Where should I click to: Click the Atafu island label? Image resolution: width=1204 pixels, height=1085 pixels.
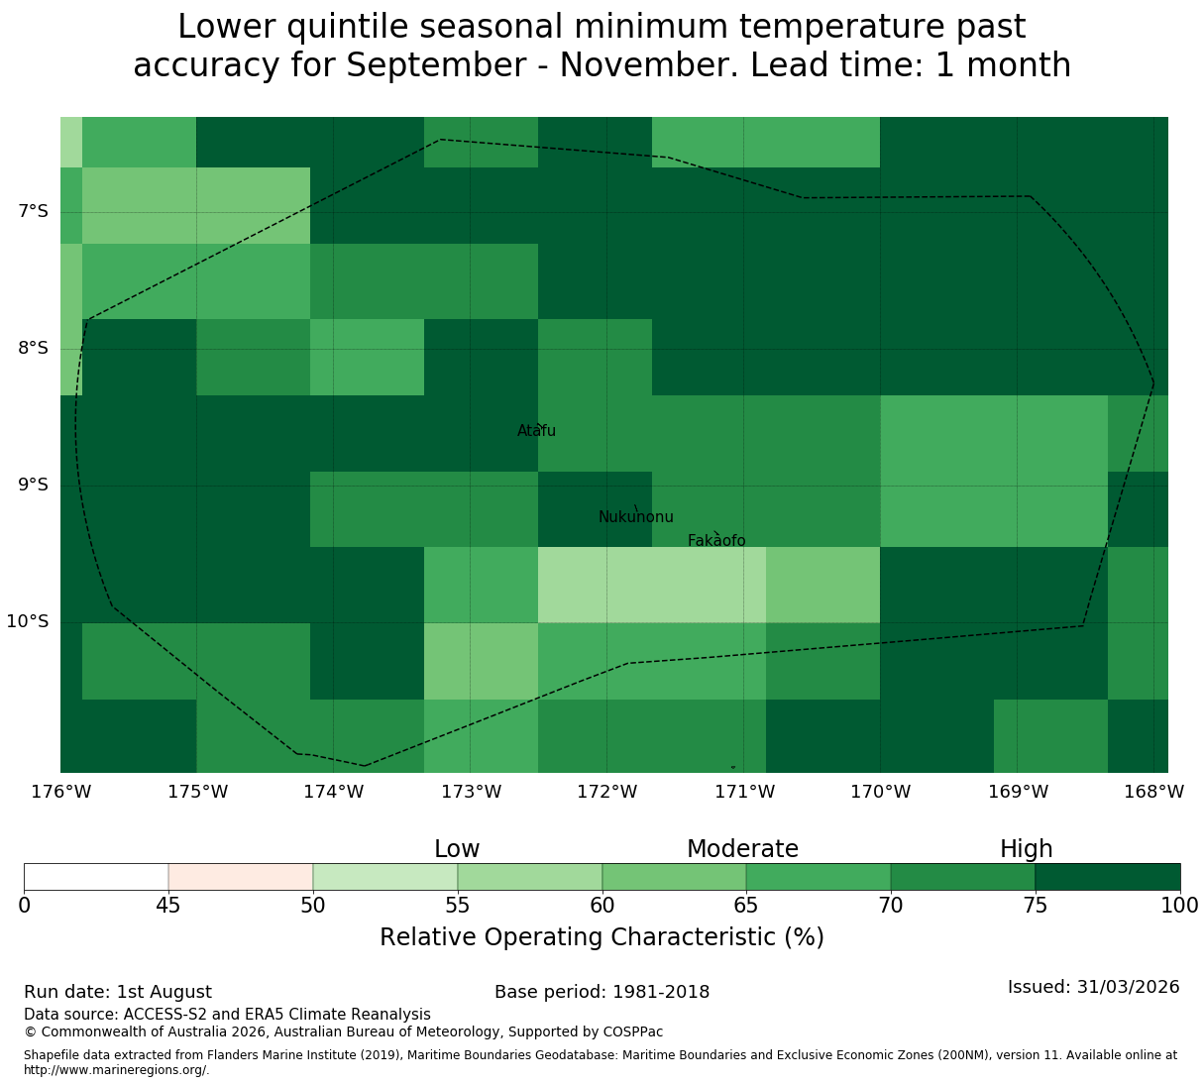tap(536, 430)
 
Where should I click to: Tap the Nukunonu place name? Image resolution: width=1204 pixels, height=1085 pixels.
tap(635, 516)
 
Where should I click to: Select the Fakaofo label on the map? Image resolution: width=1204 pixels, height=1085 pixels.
tap(716, 540)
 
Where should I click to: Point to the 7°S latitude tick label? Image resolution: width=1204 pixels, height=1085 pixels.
tap(33, 211)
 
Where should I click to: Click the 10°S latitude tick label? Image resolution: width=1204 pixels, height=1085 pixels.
tap(27, 621)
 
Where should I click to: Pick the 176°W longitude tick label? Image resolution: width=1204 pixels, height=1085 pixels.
tap(60, 792)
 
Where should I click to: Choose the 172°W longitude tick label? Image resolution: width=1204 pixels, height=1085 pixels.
tap(606, 792)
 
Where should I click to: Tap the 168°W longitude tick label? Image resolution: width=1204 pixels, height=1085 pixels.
tap(1153, 792)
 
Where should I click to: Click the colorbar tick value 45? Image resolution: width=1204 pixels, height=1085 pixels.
tap(168, 906)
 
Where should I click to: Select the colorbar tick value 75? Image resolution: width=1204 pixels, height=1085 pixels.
tap(1035, 906)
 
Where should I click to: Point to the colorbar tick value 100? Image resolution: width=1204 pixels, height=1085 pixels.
tap(1179, 906)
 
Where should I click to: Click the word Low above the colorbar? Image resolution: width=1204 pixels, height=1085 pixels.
tap(457, 849)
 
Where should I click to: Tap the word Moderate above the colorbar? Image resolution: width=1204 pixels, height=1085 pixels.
tap(742, 849)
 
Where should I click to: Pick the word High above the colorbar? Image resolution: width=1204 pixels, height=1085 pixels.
tap(1027, 849)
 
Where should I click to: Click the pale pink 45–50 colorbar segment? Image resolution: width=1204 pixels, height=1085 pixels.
tap(240, 877)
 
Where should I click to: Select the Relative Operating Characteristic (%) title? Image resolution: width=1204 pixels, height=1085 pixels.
tap(602, 937)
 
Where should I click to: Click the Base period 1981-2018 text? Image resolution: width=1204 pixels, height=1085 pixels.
tap(602, 992)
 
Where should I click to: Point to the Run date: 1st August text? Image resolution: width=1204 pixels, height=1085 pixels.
tap(118, 992)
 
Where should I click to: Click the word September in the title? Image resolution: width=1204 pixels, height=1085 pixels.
tap(436, 65)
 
